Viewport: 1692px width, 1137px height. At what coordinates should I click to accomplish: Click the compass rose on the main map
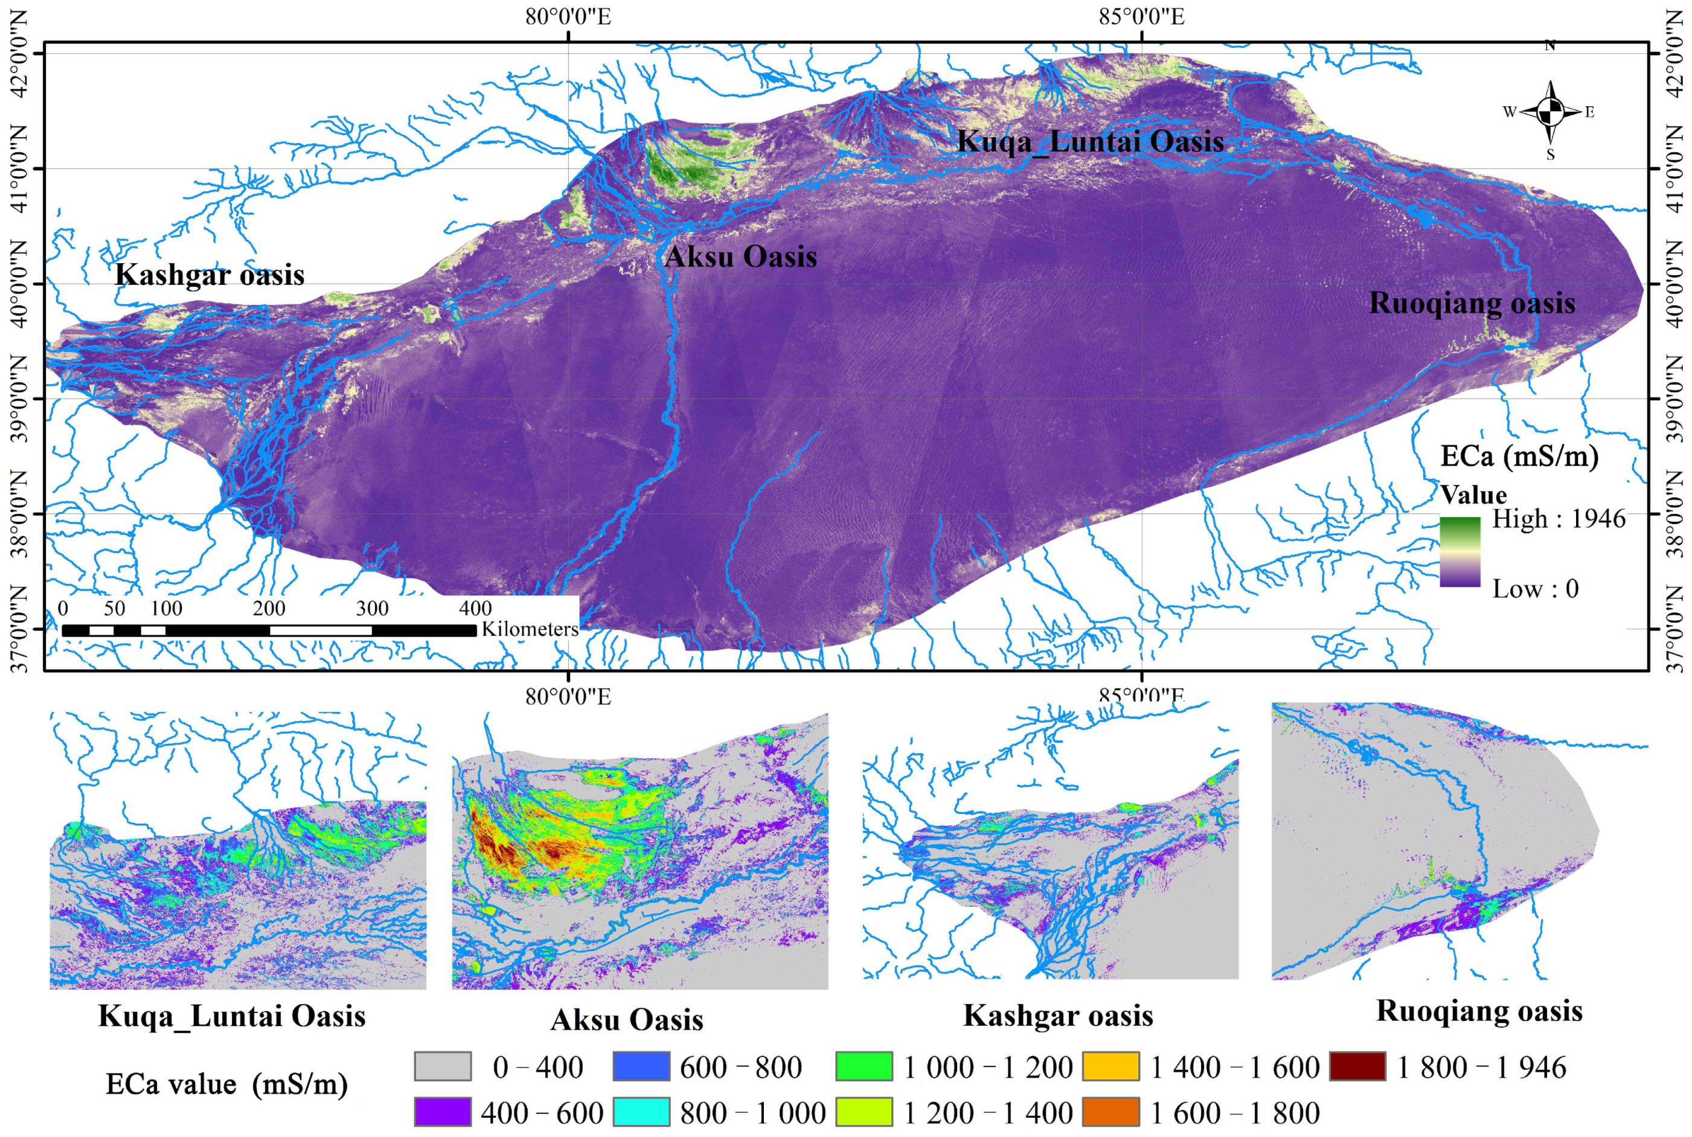coord(1550,112)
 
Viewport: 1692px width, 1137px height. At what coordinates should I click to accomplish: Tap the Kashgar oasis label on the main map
coord(210,275)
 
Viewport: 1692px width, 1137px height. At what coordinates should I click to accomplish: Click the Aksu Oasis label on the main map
coord(740,257)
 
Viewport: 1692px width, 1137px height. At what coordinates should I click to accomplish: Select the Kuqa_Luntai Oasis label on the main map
coord(1091,141)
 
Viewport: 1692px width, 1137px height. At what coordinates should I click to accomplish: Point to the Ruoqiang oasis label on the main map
coord(1472,303)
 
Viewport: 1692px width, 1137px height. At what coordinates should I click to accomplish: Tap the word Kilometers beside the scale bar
coord(530,629)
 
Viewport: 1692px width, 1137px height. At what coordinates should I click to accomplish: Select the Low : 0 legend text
coord(1534,588)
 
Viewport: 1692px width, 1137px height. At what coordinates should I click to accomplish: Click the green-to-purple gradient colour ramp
coord(1460,552)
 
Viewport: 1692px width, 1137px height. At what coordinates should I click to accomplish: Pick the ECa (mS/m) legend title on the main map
coord(1519,456)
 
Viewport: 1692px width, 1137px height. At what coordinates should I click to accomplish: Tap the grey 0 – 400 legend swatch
coord(442,1067)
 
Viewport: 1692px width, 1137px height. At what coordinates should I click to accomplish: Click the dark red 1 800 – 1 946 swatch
coord(1357,1067)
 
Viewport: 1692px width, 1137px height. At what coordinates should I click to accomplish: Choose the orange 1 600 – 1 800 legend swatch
coord(1110,1112)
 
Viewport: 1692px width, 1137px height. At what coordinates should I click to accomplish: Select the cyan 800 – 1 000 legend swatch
coord(641,1112)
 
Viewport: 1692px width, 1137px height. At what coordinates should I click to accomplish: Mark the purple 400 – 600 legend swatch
coord(442,1112)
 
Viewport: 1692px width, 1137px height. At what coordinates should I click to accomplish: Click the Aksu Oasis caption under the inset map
coord(626,1019)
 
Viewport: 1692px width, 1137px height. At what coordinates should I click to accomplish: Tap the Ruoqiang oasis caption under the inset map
coord(1479,1011)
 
